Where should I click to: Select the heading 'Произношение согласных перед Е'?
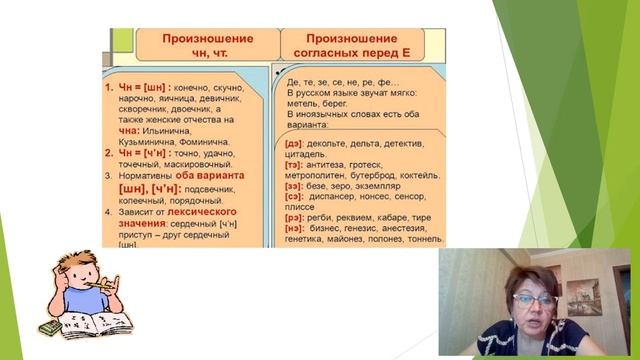(352, 44)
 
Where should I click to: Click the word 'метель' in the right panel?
(304, 103)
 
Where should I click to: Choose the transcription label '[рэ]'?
(295, 218)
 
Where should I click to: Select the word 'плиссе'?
(304, 208)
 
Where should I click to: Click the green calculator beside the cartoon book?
(49, 326)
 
